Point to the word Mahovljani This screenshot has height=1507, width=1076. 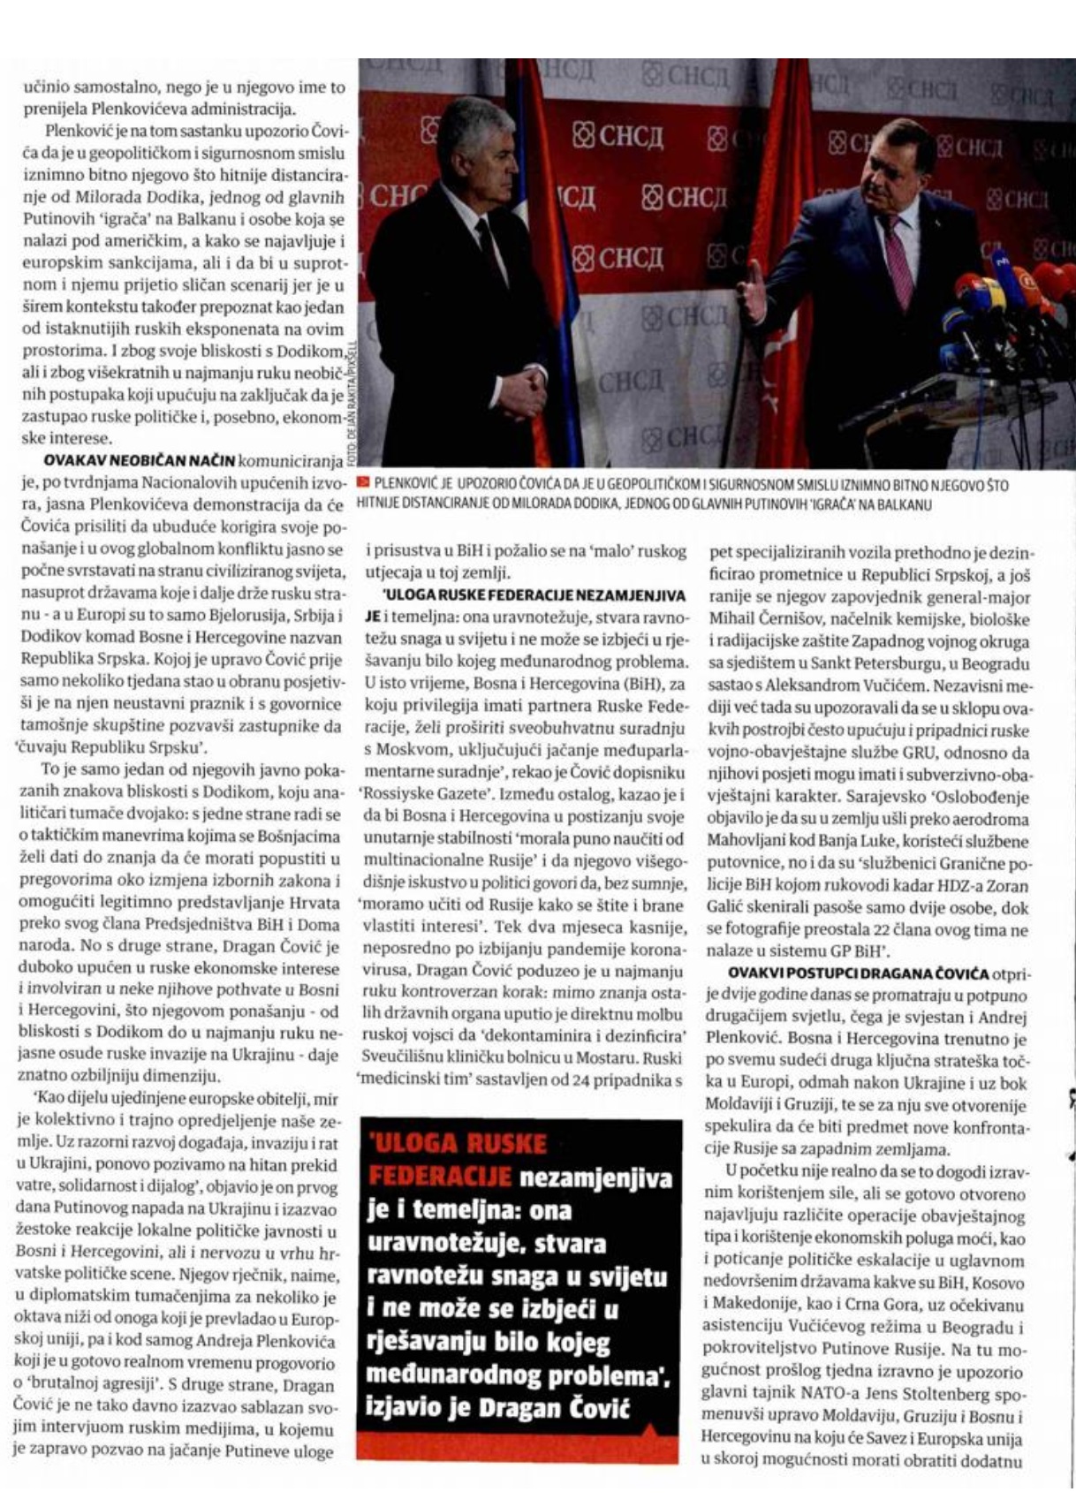click(x=746, y=842)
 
